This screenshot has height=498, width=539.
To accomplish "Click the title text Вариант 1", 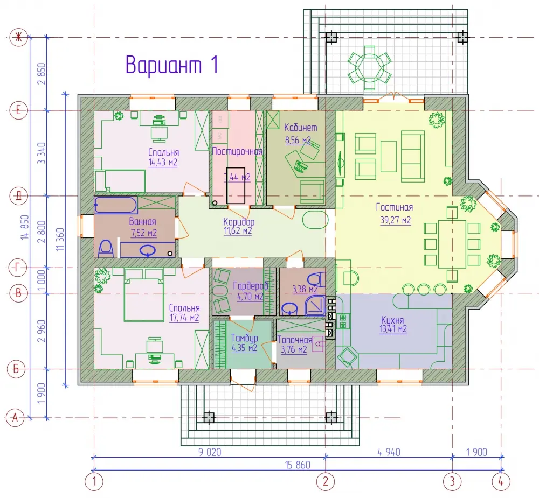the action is [x=171, y=64].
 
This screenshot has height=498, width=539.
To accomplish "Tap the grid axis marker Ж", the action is [x=18, y=37].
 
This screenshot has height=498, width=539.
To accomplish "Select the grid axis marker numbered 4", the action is [x=501, y=481].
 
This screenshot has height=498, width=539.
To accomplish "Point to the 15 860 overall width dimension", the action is [x=298, y=465].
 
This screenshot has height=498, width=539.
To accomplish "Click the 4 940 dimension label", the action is [x=389, y=452].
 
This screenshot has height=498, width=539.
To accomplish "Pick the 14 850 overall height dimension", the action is [x=24, y=227].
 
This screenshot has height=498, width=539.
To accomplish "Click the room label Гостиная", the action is [x=395, y=207].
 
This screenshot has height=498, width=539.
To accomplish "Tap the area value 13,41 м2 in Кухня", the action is [x=393, y=329].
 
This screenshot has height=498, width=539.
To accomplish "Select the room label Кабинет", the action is [x=300, y=128].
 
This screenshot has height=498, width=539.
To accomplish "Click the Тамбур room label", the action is [x=244, y=338].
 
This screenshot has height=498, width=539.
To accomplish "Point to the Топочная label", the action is [x=295, y=340].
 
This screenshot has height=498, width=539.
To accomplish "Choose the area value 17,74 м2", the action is [x=184, y=318].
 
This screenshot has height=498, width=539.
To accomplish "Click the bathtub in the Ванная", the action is [x=116, y=205].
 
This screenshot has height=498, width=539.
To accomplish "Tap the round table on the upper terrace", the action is [x=370, y=68].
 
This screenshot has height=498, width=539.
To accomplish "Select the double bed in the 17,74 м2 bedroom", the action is [x=144, y=295].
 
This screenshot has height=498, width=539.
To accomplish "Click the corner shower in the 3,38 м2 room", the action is [x=315, y=305].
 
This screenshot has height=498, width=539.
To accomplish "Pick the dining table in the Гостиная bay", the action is [x=452, y=244].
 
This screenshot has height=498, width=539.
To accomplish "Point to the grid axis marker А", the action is [x=15, y=418].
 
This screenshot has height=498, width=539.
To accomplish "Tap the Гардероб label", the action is [x=251, y=286].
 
